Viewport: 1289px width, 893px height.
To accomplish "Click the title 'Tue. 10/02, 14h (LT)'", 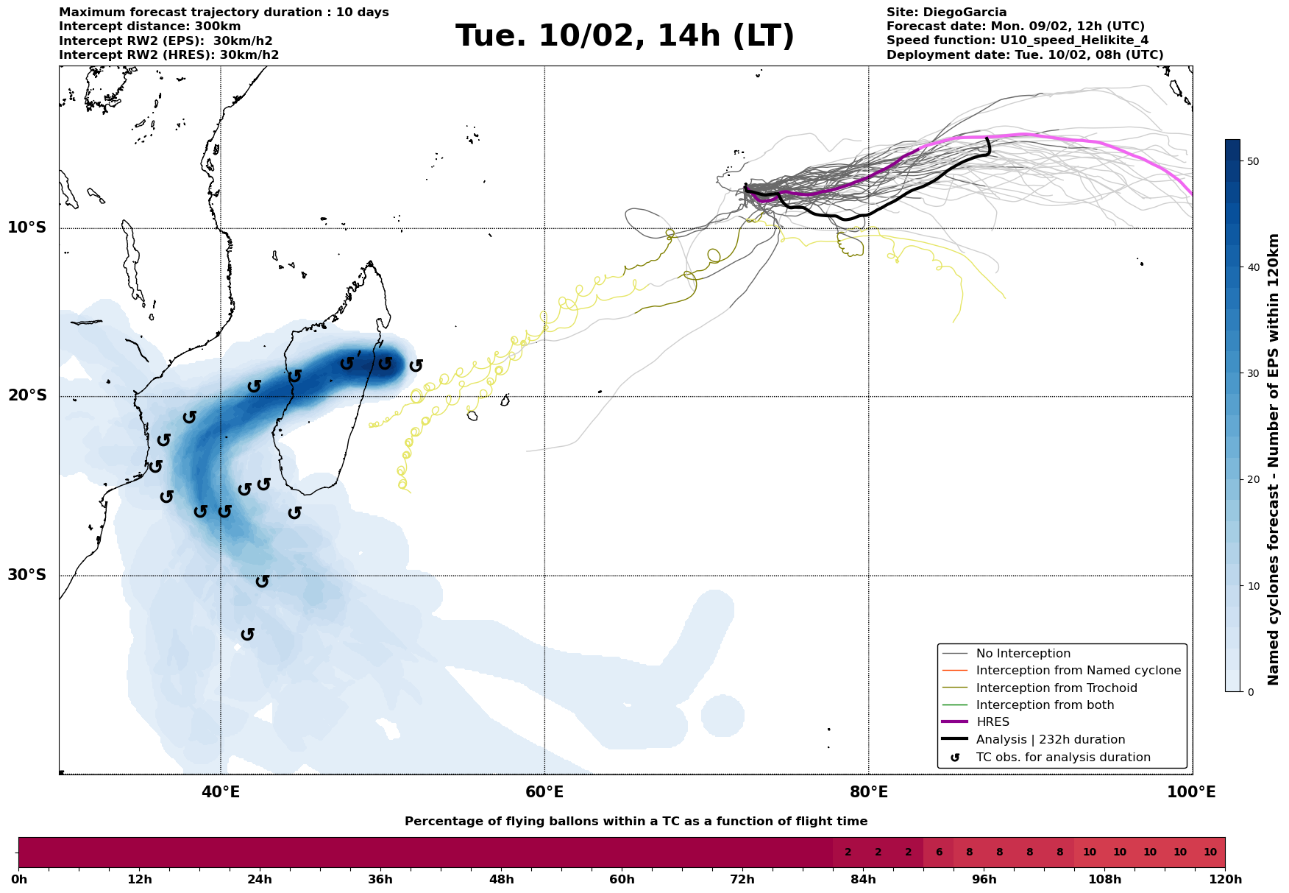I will (625, 36).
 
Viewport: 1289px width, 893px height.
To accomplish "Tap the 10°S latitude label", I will (27, 227).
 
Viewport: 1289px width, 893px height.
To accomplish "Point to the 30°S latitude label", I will (27, 575).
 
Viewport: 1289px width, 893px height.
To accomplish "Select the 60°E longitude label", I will (544, 792).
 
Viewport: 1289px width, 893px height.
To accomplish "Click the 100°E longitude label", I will (1192, 792).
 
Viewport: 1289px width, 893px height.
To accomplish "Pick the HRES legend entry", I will (993, 722).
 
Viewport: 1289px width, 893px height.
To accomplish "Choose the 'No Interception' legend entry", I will (1023, 654).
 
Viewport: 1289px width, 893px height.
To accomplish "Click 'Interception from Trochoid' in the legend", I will (1057, 688).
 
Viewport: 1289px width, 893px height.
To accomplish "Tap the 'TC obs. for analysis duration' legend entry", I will (1063, 758).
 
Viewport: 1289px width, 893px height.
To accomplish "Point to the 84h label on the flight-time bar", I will (863, 880).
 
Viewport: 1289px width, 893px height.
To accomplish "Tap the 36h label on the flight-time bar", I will (380, 880).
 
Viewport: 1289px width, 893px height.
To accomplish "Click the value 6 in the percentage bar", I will (939, 853).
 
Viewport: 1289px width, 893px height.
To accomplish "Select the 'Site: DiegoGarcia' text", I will (946, 13).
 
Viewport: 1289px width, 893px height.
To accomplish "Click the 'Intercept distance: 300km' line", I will (149, 27).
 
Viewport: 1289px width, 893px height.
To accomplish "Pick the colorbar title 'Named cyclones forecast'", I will (1274, 459).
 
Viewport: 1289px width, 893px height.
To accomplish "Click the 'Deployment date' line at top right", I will (1025, 55).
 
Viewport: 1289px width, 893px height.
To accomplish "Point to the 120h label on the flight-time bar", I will (1224, 880).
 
